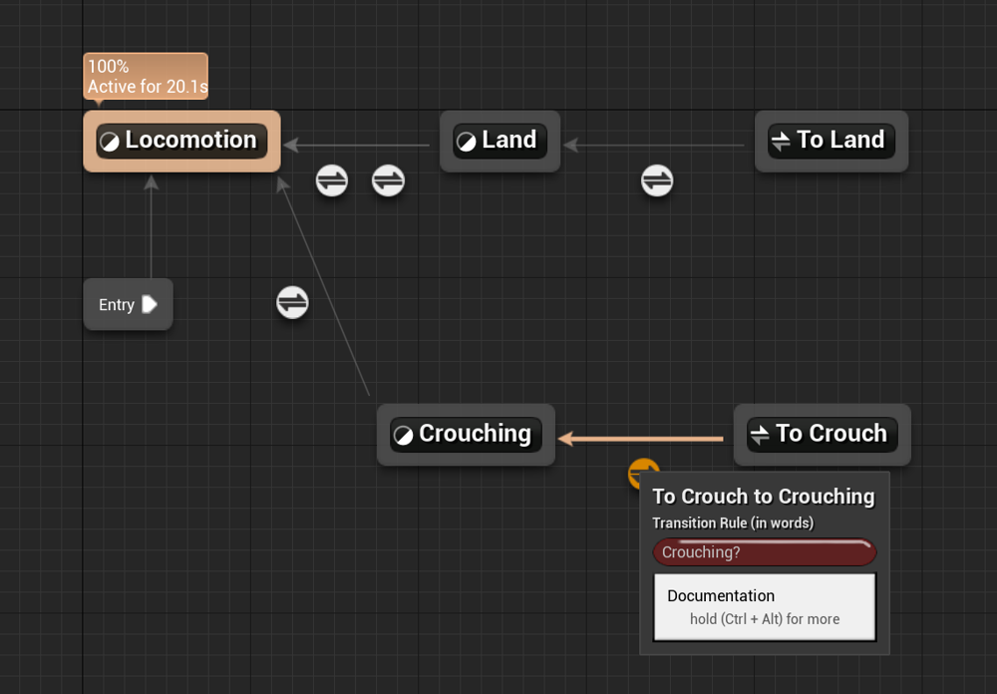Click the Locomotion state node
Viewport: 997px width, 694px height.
click(181, 141)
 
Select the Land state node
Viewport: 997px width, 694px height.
click(499, 141)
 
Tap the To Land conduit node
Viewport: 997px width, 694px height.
click(831, 141)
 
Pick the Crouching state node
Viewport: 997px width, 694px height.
click(466, 435)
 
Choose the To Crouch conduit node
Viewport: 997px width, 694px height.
click(823, 435)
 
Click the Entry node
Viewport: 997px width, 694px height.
click(128, 304)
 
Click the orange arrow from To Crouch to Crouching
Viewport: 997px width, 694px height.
click(641, 439)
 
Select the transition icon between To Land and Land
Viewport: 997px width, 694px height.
click(657, 180)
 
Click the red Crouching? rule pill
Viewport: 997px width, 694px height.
click(765, 552)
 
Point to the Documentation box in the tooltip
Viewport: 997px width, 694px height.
click(765, 607)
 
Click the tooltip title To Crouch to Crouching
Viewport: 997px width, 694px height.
click(763, 497)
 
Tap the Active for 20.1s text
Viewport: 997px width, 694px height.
click(148, 87)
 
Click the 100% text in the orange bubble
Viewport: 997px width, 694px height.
click(108, 66)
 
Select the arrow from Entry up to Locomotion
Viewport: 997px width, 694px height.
click(151, 226)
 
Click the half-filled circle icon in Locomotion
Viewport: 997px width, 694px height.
click(110, 142)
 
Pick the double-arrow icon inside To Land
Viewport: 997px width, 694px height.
click(781, 141)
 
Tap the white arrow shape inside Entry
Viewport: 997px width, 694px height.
click(150, 304)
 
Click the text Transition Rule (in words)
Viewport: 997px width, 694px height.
click(733, 522)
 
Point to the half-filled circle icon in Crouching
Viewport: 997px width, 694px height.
click(403, 435)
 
